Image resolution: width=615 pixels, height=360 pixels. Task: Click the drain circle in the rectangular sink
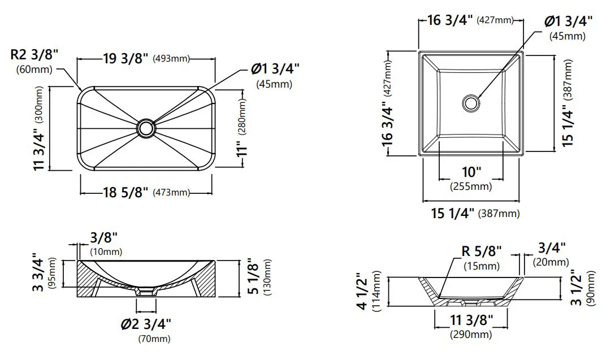[x=146, y=128]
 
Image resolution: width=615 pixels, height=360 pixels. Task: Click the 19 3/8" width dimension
[x=125, y=59]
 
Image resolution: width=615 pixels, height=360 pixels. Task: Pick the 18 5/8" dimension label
[x=125, y=193]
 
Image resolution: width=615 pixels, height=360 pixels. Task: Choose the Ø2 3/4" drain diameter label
[x=146, y=324]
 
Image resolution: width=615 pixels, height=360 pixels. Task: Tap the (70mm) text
[x=154, y=339]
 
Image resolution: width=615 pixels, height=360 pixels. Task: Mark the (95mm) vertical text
[x=53, y=272]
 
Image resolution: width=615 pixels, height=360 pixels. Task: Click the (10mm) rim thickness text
[x=106, y=251]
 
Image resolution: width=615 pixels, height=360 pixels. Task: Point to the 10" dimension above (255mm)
[x=471, y=172]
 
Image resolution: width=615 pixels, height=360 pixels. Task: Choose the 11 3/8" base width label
[x=470, y=320]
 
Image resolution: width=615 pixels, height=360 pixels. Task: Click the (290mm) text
[x=470, y=335]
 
